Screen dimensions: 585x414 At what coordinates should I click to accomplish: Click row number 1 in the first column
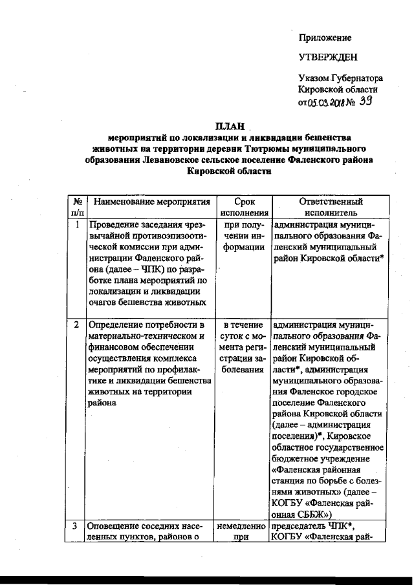click(76, 225)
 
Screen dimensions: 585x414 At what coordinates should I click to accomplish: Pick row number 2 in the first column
click(76, 324)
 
